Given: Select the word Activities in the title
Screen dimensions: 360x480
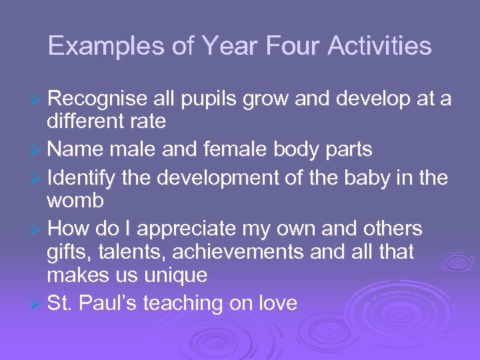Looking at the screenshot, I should [x=383, y=46].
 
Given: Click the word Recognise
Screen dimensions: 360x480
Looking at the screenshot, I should [x=97, y=99].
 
